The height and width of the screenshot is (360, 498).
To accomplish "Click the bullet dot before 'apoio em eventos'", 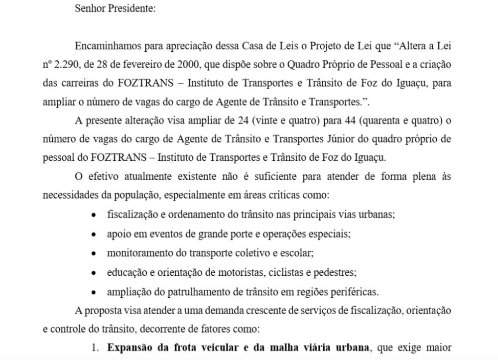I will tap(94, 234).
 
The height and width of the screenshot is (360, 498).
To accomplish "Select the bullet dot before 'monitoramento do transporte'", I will tap(94, 253).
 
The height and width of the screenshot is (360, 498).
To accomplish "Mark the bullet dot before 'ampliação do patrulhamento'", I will tap(94, 292).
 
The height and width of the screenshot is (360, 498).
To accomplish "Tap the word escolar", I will tap(297, 253).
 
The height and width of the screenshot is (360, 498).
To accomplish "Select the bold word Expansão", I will tap(128, 347).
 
